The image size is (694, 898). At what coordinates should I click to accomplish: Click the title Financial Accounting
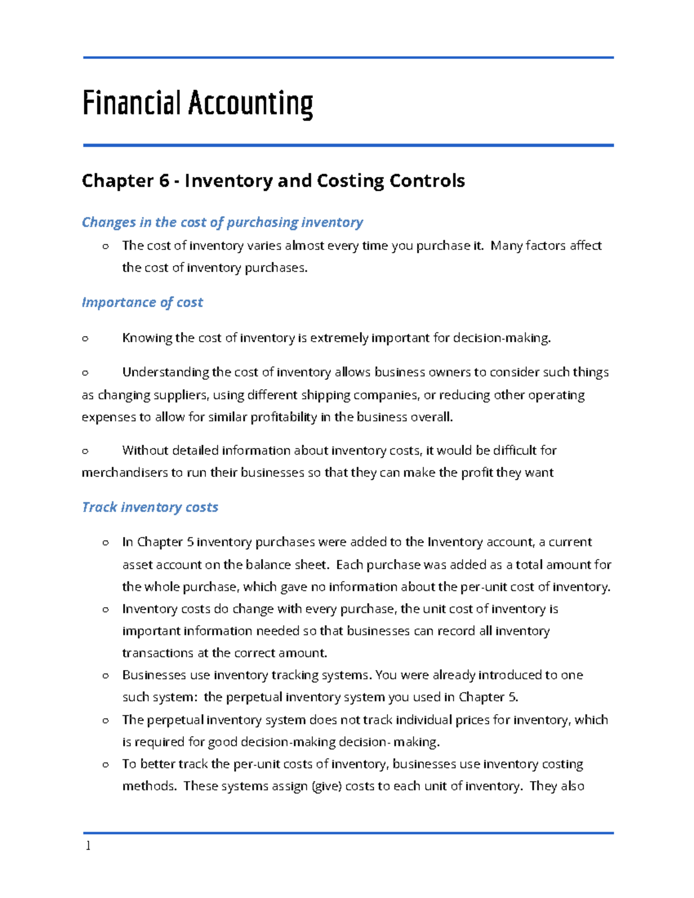coord(197,104)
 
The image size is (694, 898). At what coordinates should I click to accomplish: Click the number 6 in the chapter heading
coord(164,181)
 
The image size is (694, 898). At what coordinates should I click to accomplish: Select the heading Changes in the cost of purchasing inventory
coord(222,222)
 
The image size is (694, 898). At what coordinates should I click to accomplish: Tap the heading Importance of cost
coord(142,302)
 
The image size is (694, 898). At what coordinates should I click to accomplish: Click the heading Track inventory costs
coord(150,507)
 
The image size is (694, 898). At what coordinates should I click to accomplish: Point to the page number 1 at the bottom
coord(88,846)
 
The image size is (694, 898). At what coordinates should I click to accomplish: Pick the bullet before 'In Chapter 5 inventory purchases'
coord(105,542)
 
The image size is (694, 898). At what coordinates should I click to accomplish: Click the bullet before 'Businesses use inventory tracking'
coord(105,675)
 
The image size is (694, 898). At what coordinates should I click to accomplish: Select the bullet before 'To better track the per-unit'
coord(105,764)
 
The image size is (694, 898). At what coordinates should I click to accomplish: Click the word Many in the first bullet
coord(507,246)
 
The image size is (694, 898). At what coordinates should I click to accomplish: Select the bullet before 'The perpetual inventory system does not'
coord(105,720)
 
